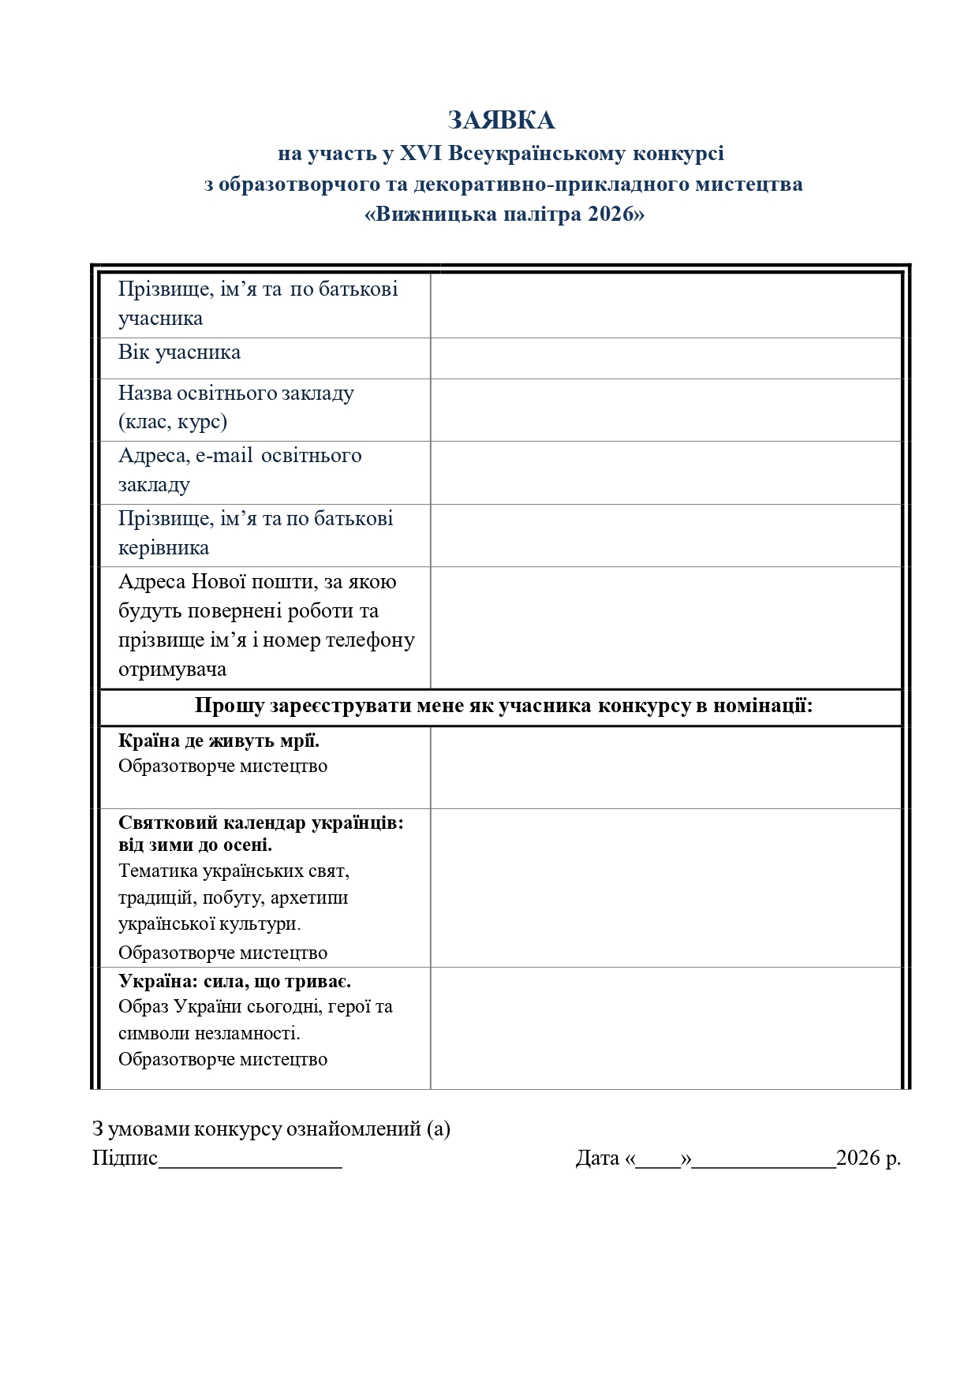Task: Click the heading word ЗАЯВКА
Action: [501, 121]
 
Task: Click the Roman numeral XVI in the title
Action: [420, 153]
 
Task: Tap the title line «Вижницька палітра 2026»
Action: [504, 215]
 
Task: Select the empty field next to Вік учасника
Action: [666, 358]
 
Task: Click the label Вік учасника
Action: [179, 353]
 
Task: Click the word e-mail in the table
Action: [224, 456]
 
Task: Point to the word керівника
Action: [163, 548]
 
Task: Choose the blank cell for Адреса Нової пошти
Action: [666, 628]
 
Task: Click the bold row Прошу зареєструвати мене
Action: [503, 706]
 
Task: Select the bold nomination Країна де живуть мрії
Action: [219, 741]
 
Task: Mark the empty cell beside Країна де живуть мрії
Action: [666, 767]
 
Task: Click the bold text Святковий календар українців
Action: [260, 823]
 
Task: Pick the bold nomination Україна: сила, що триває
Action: [234, 982]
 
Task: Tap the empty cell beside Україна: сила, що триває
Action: [666, 1028]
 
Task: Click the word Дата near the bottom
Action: [597, 1158]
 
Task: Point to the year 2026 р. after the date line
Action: [868, 1158]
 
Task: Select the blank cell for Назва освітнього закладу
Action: [666, 410]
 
